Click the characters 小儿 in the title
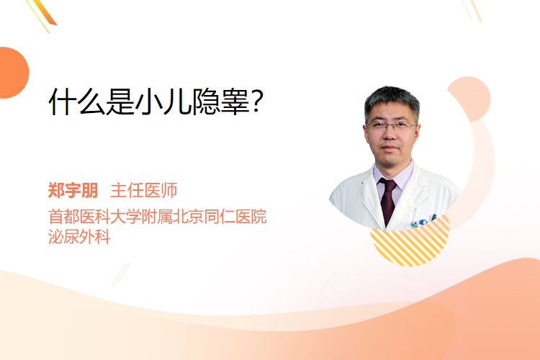[163, 102]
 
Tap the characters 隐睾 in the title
[221, 102]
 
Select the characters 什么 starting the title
[77, 102]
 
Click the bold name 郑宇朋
[73, 191]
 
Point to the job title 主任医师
[144, 191]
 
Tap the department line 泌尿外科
[79, 237]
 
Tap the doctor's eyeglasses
[391, 125]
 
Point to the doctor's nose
[390, 135]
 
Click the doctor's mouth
[390, 148]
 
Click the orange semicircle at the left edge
[13, 73]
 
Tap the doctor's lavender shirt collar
[395, 176]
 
